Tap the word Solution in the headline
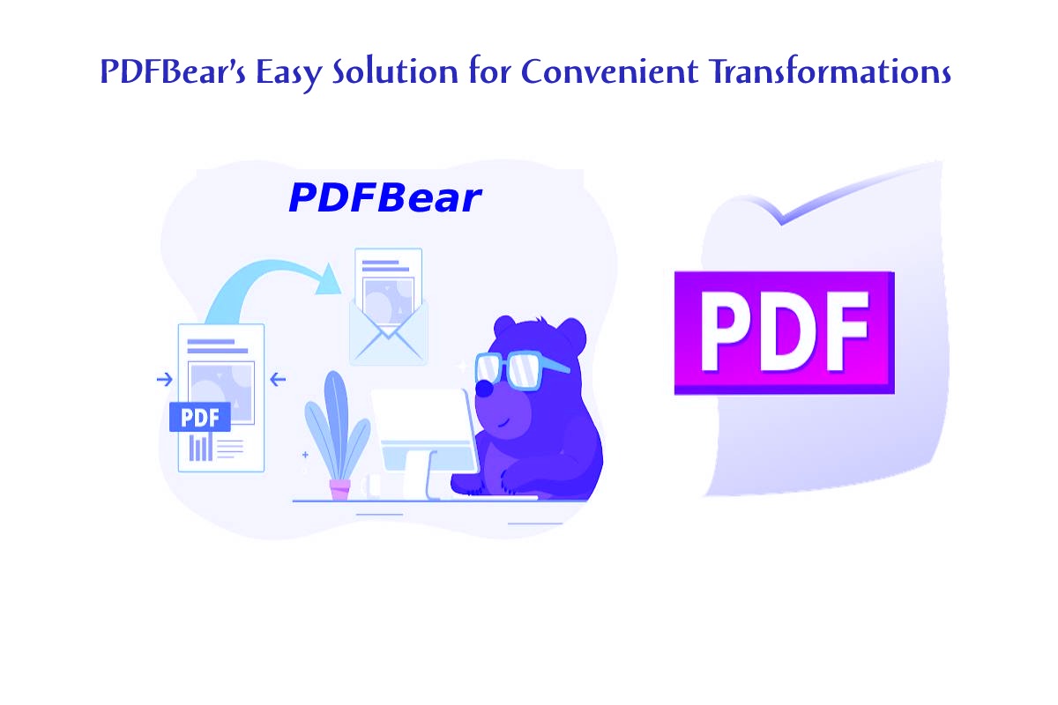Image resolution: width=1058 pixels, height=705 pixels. tap(395, 70)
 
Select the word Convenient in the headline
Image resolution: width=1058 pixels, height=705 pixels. tap(609, 71)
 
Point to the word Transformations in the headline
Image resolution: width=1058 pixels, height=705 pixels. tap(831, 70)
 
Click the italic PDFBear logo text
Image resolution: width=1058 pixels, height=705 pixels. tap(385, 198)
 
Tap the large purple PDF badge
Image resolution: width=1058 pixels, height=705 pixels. tap(784, 333)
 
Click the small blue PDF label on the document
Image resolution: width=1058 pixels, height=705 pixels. tap(200, 417)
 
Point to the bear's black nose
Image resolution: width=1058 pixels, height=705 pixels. tap(483, 389)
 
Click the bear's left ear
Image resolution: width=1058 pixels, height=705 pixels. tap(505, 327)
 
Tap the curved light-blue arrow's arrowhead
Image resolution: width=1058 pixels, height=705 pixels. tap(329, 279)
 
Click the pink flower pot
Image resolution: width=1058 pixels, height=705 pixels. tap(340, 490)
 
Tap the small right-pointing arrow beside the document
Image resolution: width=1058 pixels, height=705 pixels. tap(164, 379)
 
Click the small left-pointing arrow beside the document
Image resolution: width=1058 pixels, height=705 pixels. tap(278, 379)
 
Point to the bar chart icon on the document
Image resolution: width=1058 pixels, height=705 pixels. tap(200, 448)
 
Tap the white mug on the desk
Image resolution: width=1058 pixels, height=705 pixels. tap(371, 486)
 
